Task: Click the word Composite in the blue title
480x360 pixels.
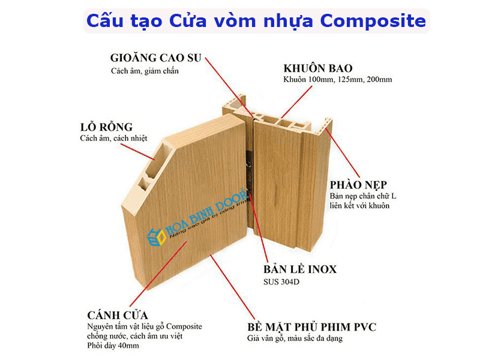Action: click(x=373, y=21)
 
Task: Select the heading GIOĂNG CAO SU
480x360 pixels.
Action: click(x=156, y=58)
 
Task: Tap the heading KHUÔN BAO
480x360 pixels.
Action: click(x=318, y=68)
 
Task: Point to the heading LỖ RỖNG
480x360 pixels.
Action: click(x=106, y=127)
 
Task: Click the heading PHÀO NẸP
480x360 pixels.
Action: click(x=358, y=185)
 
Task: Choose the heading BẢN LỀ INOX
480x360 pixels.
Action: click(x=300, y=269)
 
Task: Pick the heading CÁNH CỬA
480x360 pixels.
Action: click(x=118, y=315)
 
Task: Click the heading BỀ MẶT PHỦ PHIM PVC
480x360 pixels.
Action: click(x=311, y=327)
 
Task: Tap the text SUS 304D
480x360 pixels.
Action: click(x=281, y=282)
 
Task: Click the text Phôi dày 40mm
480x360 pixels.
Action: click(x=113, y=346)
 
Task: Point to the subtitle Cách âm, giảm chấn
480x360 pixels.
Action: click(x=145, y=71)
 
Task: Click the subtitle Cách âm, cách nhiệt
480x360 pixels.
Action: click(x=113, y=139)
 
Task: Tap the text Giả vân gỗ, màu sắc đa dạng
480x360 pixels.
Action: click(x=295, y=338)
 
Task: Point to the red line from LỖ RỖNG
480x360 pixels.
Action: click(x=137, y=152)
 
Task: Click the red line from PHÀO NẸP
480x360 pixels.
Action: click(x=342, y=153)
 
